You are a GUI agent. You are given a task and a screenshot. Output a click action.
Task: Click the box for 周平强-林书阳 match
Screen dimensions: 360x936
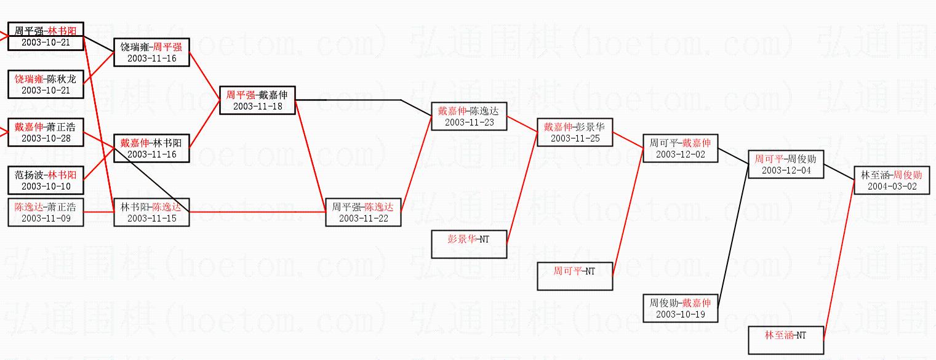point(46,36)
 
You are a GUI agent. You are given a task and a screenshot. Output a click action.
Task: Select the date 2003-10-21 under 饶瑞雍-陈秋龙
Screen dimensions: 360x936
point(46,90)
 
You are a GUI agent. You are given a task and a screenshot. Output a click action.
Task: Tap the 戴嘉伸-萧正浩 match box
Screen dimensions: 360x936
point(46,132)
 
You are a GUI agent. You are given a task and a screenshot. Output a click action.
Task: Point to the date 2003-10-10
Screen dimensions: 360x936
point(46,186)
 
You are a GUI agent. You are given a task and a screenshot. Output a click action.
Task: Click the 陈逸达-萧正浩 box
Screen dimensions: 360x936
point(46,212)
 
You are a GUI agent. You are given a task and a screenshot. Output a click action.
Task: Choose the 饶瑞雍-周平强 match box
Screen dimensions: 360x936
point(151,52)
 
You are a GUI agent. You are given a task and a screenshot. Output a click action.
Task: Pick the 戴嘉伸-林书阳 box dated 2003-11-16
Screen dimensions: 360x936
point(151,148)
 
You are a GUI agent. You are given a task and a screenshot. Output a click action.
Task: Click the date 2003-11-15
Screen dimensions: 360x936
point(151,218)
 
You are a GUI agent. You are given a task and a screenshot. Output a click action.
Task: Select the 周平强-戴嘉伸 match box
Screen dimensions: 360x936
point(257,100)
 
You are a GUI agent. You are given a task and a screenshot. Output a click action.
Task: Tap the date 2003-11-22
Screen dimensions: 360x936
point(363,218)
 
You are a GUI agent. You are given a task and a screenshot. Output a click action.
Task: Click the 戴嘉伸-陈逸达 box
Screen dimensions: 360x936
point(469,116)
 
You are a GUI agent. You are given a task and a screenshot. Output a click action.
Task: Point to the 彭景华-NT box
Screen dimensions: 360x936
point(469,244)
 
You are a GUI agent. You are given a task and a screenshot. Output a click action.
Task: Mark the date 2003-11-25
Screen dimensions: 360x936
point(575,138)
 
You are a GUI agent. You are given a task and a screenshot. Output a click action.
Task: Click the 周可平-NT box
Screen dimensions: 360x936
point(575,276)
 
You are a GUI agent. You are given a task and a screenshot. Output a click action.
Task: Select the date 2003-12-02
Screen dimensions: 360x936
point(681,154)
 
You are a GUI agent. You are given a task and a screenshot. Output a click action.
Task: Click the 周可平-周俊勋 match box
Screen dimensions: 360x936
point(786,164)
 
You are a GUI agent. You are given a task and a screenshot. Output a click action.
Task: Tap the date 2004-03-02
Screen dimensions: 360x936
point(892,186)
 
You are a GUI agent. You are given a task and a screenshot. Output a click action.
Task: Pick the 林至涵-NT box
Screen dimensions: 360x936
point(786,340)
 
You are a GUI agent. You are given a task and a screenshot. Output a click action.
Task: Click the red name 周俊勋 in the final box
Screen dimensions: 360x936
point(908,175)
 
